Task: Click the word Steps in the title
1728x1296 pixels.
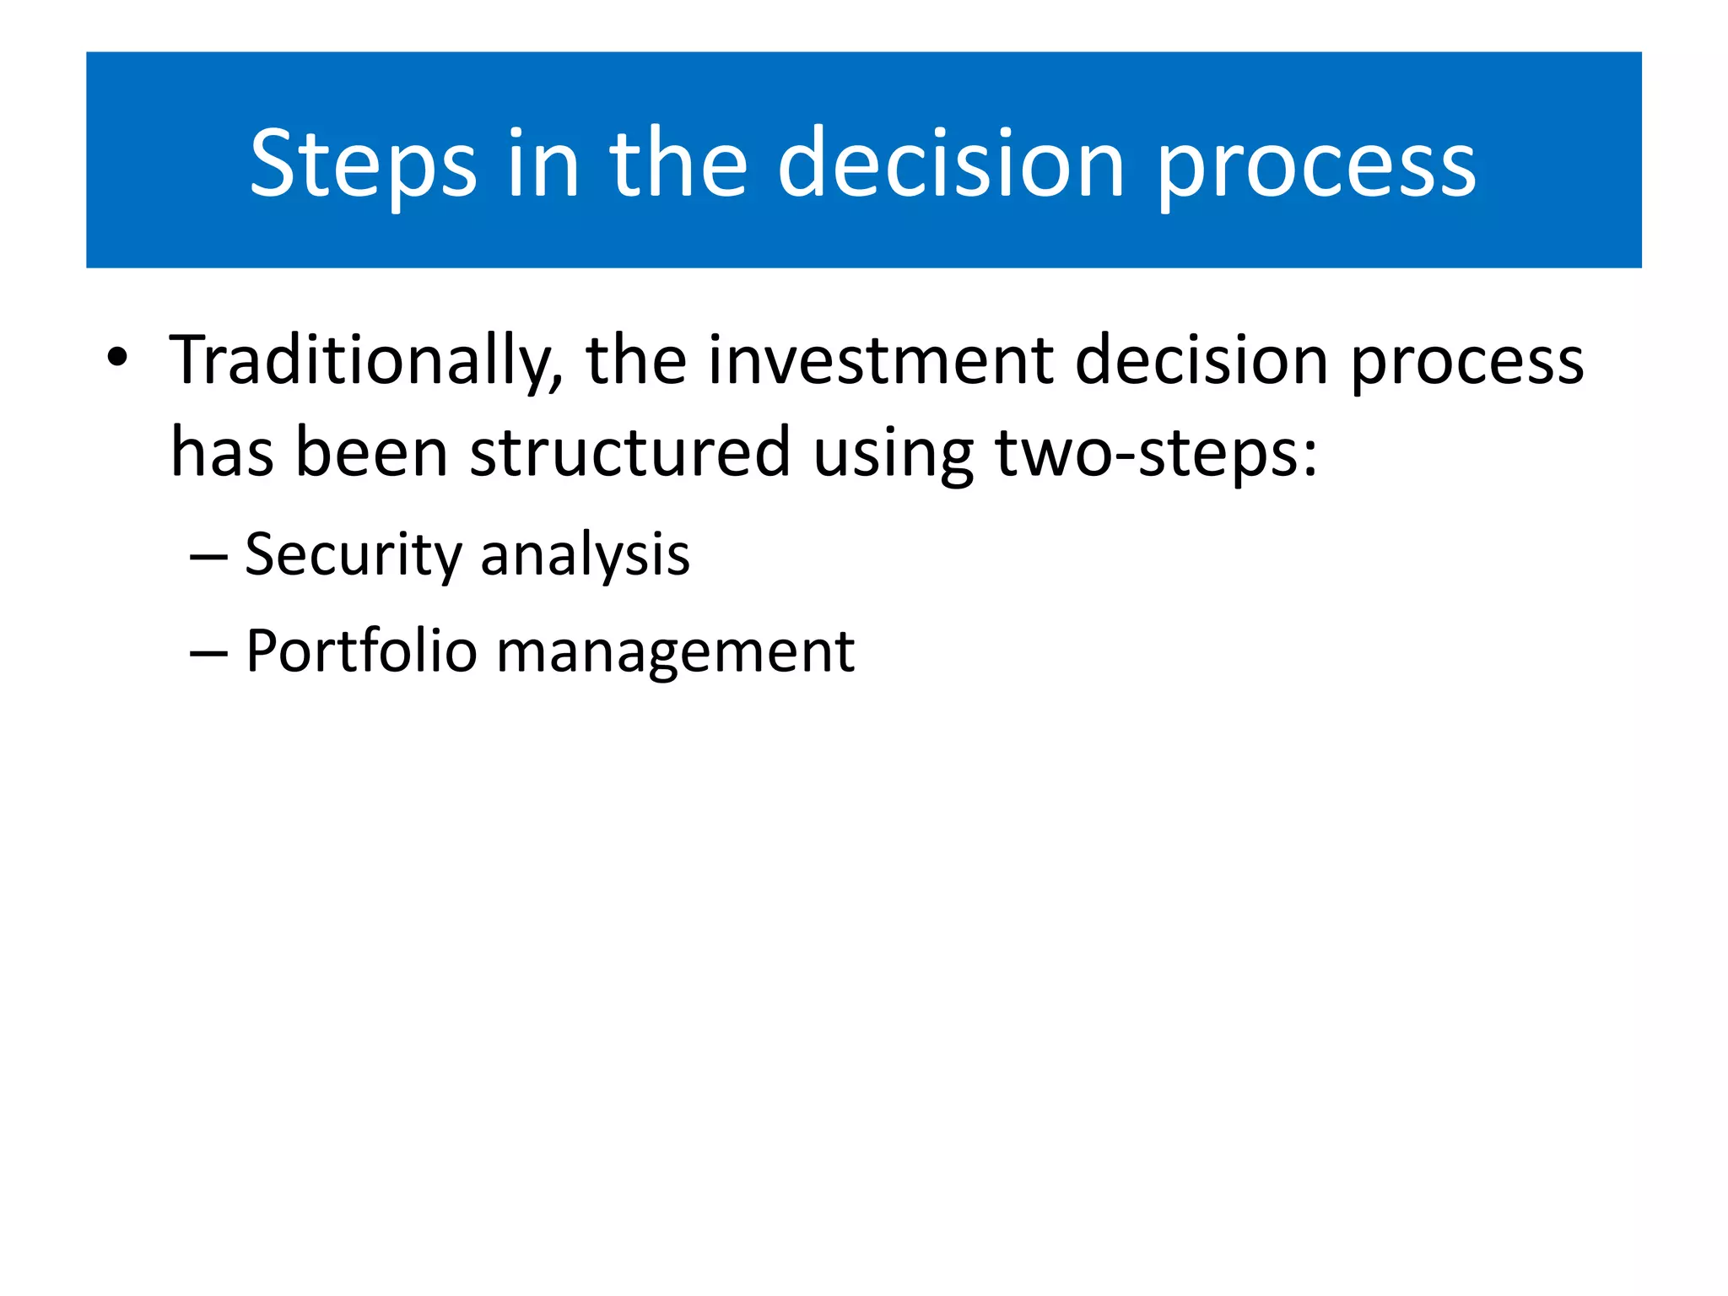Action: [363, 164]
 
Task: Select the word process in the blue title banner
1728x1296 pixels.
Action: [1315, 164]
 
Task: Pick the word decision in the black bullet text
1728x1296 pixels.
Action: [1201, 361]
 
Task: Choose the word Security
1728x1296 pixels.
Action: [352, 555]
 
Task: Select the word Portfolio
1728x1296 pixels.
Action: [361, 651]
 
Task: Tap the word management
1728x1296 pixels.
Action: [675, 651]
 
